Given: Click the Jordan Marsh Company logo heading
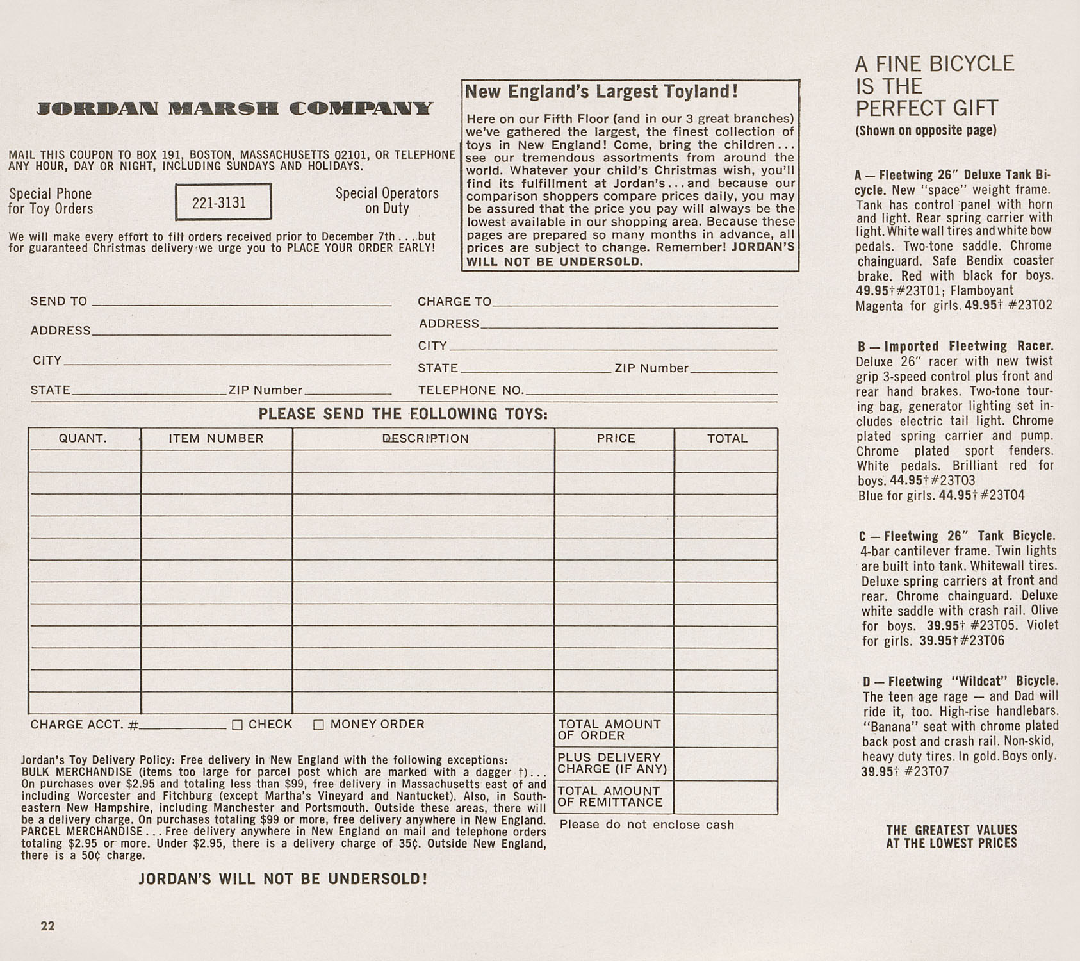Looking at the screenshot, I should (x=235, y=108).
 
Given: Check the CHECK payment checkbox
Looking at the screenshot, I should (x=238, y=725).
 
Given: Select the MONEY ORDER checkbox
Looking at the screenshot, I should (x=318, y=725).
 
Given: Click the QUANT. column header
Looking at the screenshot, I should (x=83, y=439).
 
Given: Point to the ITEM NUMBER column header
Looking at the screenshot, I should (x=216, y=439).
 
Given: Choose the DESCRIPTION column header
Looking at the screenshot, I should (x=425, y=439).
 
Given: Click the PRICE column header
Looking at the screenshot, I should (x=616, y=439).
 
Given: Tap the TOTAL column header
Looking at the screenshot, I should (x=727, y=439).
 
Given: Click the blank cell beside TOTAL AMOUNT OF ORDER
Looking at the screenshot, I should (x=726, y=730).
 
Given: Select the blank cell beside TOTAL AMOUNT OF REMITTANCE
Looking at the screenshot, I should (x=726, y=797).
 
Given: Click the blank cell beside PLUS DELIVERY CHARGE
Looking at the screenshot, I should (x=726, y=764).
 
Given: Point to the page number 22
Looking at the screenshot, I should (x=48, y=926).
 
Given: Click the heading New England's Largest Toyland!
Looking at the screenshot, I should (x=601, y=92).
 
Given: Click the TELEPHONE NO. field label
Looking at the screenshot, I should (x=471, y=390).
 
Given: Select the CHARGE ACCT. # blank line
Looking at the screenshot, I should (x=183, y=726).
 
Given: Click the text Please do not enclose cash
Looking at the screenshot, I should (x=646, y=825).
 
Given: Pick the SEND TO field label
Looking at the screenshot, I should (x=59, y=301).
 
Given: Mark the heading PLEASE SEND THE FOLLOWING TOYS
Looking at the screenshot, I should (x=403, y=414).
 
